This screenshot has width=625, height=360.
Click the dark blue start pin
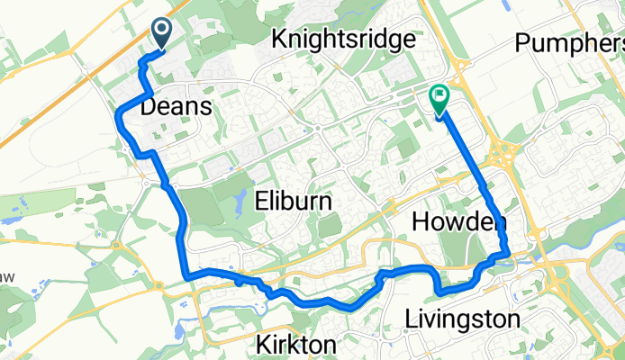[163, 34]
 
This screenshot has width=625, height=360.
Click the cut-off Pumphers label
[569, 42]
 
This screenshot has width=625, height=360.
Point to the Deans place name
[177, 107]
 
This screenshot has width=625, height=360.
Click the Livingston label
[462, 319]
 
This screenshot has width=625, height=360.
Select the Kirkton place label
[296, 345]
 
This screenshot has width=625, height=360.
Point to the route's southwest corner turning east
[185, 274]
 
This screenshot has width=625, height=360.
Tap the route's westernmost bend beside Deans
[119, 111]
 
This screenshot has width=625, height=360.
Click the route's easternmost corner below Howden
[508, 253]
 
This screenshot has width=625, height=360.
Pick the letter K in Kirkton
[263, 345]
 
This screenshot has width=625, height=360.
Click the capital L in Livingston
[411, 319]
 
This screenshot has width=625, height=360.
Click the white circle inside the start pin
[163, 30]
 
